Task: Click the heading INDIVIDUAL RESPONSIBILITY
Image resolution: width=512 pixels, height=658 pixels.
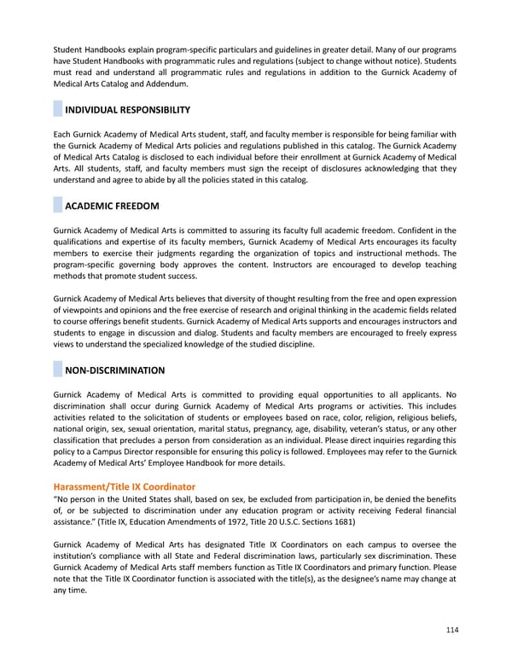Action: click(x=127, y=110)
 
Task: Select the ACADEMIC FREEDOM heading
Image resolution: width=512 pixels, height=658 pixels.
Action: click(x=111, y=207)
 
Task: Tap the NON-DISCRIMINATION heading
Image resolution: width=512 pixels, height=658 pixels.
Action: click(x=115, y=370)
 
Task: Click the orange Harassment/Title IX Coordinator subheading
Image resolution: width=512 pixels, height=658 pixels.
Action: click(x=124, y=486)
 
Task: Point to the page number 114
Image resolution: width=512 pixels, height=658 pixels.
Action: click(x=451, y=630)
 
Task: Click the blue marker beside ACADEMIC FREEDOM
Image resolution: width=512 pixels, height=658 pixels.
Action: click(x=57, y=207)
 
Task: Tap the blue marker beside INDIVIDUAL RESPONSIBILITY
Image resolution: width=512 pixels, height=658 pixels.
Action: click(x=57, y=110)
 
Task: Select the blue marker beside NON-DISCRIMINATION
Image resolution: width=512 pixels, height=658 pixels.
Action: click(x=57, y=370)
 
